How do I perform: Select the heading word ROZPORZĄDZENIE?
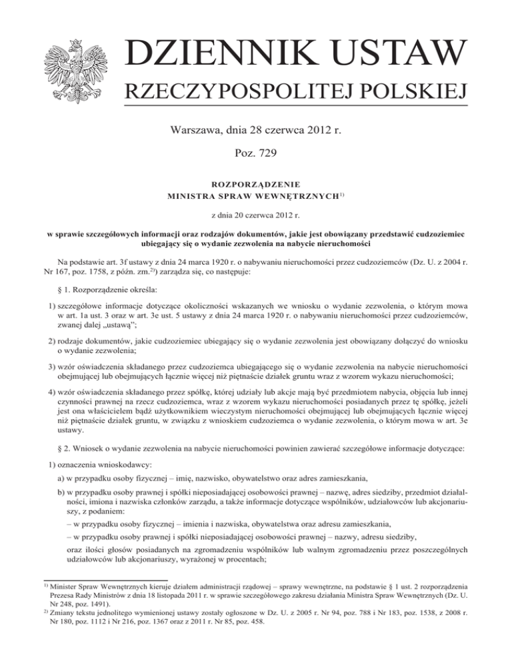click(x=256, y=183)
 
